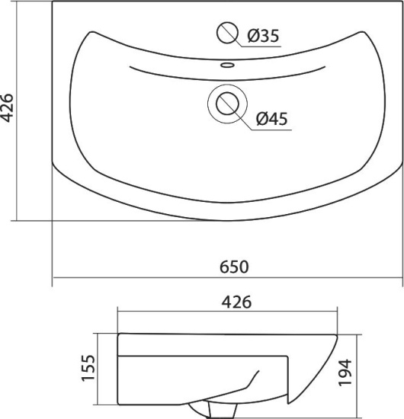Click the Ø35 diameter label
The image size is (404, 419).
pos(263,36)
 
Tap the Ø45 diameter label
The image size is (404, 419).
pos(271,119)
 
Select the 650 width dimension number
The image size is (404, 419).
pos(234,267)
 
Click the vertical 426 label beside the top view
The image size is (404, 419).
pos(6,107)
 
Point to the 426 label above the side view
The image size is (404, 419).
pos(236,302)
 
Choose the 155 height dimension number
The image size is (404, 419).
pos(88,368)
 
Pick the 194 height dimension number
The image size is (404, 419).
pos(345,373)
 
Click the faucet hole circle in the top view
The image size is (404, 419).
pos(227,33)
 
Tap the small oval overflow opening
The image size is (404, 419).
pos(227,65)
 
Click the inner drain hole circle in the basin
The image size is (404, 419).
pos(227,104)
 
